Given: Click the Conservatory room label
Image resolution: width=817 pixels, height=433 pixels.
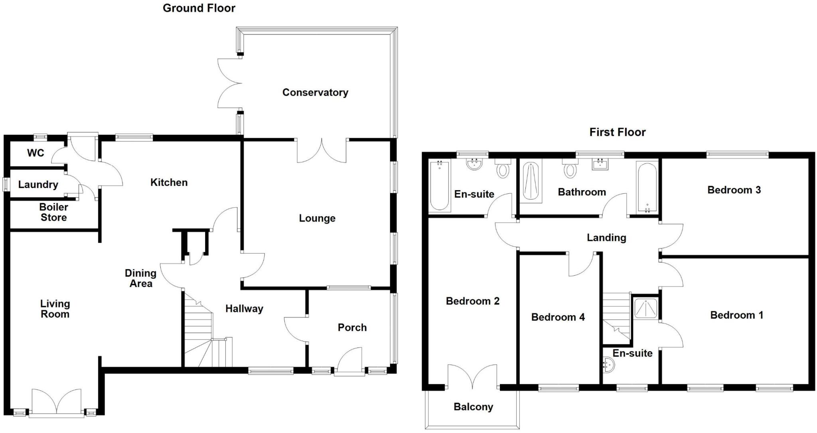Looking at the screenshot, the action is pyautogui.click(x=315, y=92).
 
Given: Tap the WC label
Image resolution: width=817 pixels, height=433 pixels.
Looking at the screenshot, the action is pyautogui.click(x=36, y=153).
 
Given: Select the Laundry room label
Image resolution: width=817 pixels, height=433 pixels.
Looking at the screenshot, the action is pyautogui.click(x=38, y=185).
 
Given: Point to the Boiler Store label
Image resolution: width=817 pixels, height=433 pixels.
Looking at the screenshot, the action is pyautogui.click(x=53, y=212).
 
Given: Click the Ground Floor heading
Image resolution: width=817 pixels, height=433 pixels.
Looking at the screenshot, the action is pyautogui.click(x=199, y=8).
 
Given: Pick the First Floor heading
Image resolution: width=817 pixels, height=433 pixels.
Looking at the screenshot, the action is pyautogui.click(x=617, y=132).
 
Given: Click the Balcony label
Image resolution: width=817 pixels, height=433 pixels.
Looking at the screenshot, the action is pyautogui.click(x=473, y=407).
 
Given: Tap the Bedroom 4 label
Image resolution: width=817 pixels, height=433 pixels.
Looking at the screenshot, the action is pyautogui.click(x=558, y=317).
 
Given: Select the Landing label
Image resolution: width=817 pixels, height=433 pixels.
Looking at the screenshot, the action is pyautogui.click(x=606, y=238).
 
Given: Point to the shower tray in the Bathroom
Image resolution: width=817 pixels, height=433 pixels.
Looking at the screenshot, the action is pyautogui.click(x=532, y=181).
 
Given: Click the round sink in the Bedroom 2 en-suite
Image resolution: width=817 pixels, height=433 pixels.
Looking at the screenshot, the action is pyautogui.click(x=474, y=164).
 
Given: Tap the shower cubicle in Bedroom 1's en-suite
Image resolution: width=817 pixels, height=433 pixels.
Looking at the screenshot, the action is pyautogui.click(x=645, y=308).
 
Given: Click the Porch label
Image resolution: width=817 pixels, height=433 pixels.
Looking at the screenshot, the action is pyautogui.click(x=352, y=328).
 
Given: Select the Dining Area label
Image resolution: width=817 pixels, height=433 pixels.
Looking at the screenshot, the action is pyautogui.click(x=140, y=278).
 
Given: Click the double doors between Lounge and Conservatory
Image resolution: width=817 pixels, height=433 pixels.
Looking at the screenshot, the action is pyautogui.click(x=322, y=151).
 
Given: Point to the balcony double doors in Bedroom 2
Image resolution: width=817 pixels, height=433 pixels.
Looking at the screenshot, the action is pyautogui.click(x=473, y=376).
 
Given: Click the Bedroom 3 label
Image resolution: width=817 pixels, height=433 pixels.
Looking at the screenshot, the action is pyautogui.click(x=734, y=190).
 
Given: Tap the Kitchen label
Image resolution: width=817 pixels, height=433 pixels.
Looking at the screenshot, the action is pyautogui.click(x=169, y=183).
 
